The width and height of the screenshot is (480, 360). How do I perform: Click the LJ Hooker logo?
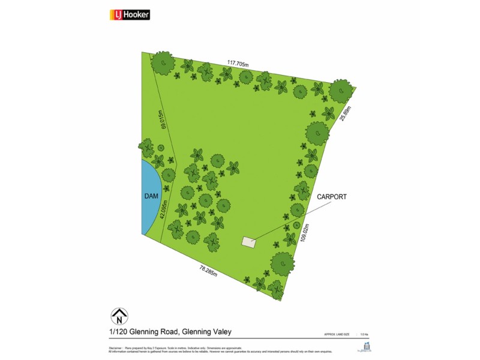tap(130, 15)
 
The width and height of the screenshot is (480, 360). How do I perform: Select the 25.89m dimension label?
tap(344, 114)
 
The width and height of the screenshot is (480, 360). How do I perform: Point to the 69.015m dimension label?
tap(162, 119)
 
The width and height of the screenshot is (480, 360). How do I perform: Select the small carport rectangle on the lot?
tap(248, 242)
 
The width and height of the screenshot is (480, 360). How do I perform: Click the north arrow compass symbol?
tap(120, 316)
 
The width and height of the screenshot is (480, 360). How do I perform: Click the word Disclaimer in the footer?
tap(115, 347)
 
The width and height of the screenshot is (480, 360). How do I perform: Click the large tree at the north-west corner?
tap(163, 62)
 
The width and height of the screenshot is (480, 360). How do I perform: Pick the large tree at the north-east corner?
tap(341, 91)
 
